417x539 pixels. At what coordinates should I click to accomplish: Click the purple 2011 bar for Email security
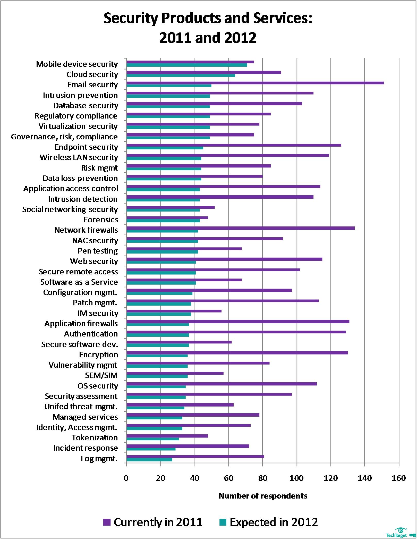pyautogui.click(x=255, y=83)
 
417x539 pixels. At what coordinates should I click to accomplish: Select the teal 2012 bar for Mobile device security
pyautogui.click(x=187, y=65)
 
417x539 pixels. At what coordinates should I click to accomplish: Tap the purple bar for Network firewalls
pyautogui.click(x=240, y=228)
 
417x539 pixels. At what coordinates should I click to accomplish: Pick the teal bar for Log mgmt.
pyautogui.click(x=149, y=460)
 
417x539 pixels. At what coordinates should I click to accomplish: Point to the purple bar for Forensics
pyautogui.click(x=167, y=218)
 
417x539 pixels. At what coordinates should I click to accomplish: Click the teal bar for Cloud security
pyautogui.click(x=181, y=75)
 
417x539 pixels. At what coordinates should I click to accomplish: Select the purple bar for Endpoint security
pyautogui.click(x=234, y=145)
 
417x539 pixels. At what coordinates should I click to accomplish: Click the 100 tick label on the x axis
pyautogui.click(x=296, y=478)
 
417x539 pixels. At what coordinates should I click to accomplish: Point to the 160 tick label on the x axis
pyautogui.click(x=399, y=478)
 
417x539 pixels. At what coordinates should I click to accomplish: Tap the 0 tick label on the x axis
pyautogui.click(x=126, y=478)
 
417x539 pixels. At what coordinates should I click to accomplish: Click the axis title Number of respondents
pyautogui.click(x=263, y=496)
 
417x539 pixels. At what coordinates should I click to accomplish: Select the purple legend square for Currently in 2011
pyautogui.click(x=107, y=522)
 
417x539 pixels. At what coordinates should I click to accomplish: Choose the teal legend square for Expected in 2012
pyautogui.click(x=223, y=522)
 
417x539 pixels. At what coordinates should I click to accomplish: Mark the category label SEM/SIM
pyautogui.click(x=101, y=375)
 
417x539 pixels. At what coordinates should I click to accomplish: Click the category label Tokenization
pyautogui.click(x=95, y=438)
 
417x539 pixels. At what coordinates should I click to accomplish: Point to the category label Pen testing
pyautogui.click(x=98, y=251)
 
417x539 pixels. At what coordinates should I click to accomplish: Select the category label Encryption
pyautogui.click(x=98, y=355)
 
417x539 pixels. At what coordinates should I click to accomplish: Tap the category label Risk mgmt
pyautogui.click(x=99, y=168)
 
